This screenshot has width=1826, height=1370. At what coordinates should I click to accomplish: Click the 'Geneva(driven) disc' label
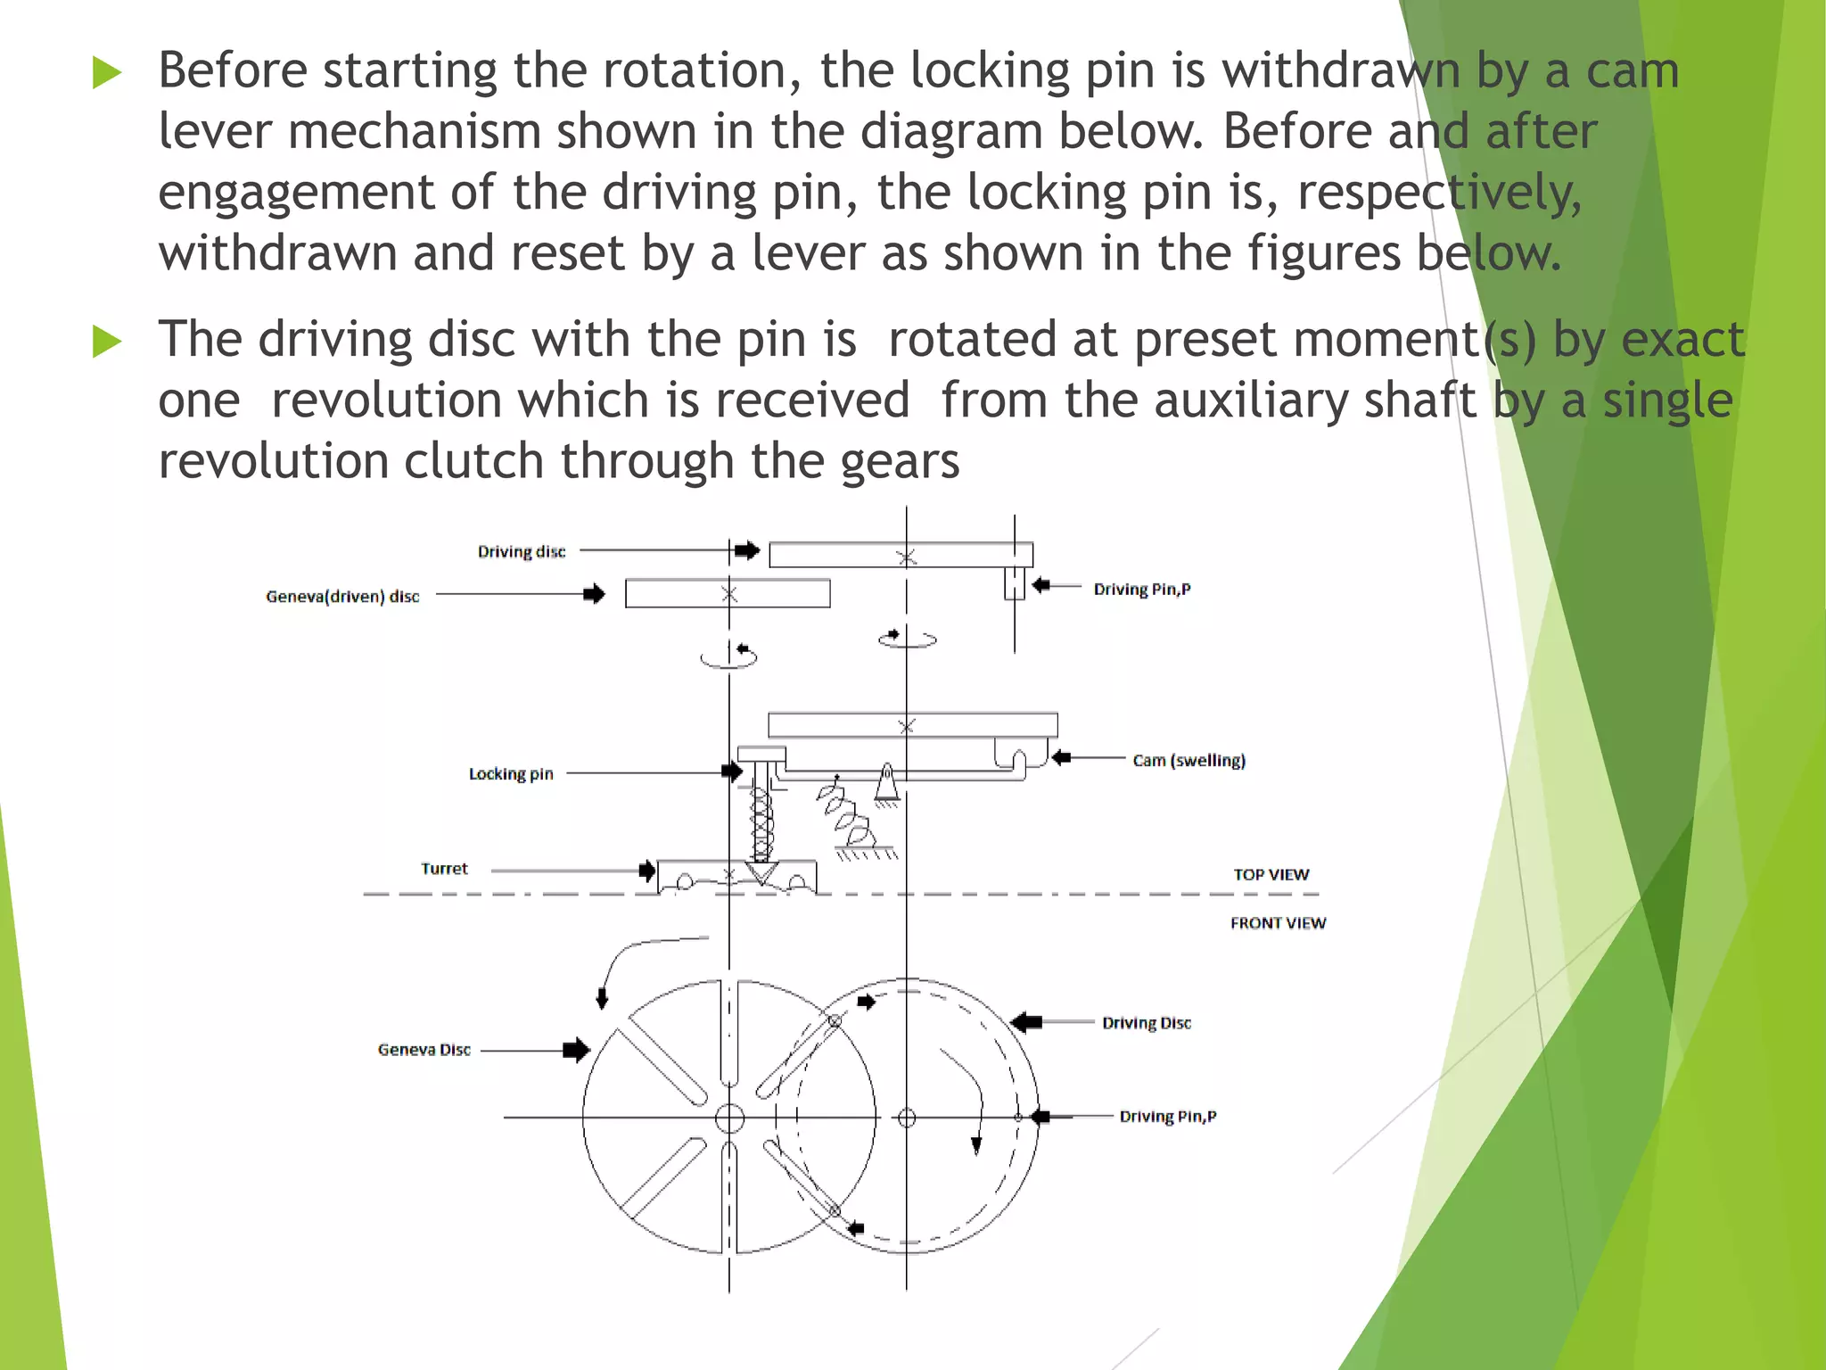(342, 597)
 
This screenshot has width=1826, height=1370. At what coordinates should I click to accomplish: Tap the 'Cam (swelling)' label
(1189, 761)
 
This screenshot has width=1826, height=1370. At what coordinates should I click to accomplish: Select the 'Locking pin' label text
(511, 774)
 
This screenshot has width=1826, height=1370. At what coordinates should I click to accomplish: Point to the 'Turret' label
(444, 869)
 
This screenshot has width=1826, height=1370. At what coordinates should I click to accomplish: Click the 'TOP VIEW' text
(1271, 875)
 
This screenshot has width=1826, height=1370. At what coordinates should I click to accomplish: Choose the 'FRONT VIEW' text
(1278, 923)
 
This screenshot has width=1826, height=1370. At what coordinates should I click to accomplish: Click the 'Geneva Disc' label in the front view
(424, 1050)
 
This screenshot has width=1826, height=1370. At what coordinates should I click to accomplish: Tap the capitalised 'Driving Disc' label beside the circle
(1146, 1023)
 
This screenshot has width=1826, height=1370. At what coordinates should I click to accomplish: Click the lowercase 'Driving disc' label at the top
(521, 552)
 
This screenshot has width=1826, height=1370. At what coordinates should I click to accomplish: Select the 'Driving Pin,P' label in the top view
(1141, 590)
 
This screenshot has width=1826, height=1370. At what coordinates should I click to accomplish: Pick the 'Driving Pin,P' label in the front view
(1167, 1117)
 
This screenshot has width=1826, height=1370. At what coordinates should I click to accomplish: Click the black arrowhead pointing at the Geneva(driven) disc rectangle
(595, 594)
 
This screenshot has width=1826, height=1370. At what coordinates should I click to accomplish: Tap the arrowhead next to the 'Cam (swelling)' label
(1061, 758)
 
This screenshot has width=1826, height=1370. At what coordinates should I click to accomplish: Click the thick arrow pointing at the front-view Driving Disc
(1027, 1022)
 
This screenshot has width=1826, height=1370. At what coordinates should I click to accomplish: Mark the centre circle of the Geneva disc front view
(729, 1117)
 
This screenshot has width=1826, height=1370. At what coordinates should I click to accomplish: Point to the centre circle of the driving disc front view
(907, 1118)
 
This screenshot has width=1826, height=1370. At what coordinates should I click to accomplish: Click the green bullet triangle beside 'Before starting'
(106, 72)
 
